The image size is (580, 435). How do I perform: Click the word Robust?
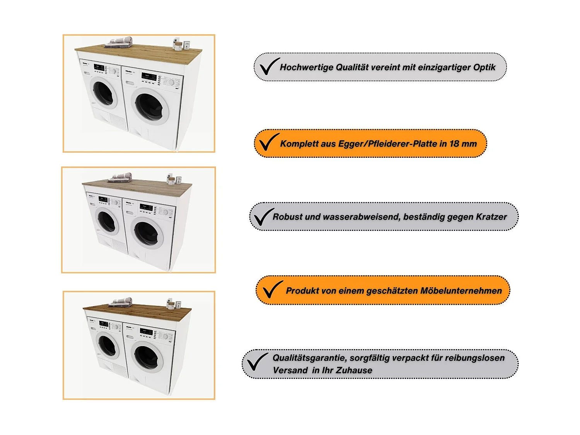(287, 217)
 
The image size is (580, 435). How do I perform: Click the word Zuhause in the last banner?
(354, 370)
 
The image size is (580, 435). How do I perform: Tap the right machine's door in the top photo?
(150, 106)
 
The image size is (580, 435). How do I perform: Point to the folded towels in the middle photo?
(121, 177)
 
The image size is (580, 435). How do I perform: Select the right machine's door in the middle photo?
(147, 234)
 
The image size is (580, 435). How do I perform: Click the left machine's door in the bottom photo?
(108, 345)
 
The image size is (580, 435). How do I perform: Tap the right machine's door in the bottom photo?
(147, 357)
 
